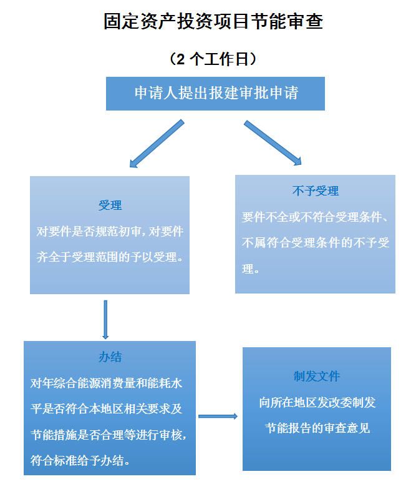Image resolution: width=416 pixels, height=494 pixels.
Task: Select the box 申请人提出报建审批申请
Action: point(215,94)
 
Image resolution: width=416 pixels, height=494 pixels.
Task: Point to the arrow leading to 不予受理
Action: point(273,143)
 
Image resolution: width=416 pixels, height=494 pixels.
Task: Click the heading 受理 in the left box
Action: point(110,205)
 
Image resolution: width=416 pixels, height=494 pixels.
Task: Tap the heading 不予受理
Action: point(315,191)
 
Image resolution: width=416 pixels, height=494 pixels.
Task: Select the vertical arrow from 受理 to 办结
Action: point(105,319)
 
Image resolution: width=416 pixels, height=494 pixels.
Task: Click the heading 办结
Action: point(110,357)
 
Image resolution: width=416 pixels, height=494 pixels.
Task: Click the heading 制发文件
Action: point(317,377)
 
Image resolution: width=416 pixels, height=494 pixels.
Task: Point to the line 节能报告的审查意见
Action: point(317,428)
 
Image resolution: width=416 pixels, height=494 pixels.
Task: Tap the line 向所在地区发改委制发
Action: point(317,403)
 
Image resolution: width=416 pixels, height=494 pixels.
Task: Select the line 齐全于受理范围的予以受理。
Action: point(110,257)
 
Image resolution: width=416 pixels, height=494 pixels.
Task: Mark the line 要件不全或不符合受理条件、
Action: point(316,217)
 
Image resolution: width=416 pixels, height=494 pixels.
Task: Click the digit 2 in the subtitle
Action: point(181,59)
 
